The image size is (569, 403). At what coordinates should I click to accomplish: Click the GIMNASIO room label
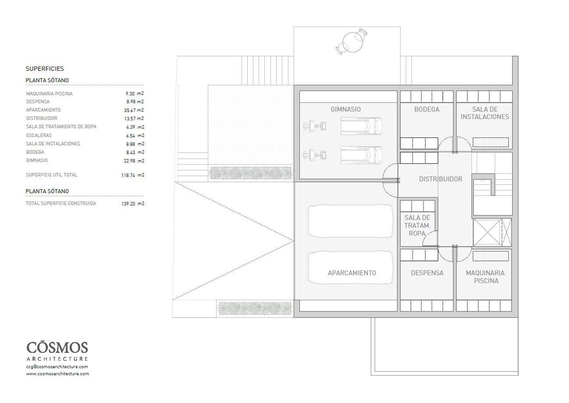[x=346, y=109]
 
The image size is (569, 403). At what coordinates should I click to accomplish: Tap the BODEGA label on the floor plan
[x=427, y=109]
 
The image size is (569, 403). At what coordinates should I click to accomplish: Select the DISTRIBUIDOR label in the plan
[x=440, y=179]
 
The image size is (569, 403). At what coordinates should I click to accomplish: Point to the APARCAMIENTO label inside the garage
[x=352, y=273]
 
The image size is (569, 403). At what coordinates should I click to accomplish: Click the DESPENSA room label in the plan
[x=427, y=273]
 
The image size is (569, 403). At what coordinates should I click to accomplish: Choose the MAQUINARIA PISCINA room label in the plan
[x=485, y=277]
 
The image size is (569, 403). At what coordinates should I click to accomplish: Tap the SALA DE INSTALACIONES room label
[x=485, y=113]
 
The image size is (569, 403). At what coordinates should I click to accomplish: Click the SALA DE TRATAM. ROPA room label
[x=417, y=225]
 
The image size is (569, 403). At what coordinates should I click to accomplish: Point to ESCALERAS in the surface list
[x=39, y=135]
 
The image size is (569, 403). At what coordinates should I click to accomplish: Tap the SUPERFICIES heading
[x=45, y=69]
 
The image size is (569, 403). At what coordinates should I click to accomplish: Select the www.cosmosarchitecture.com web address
[x=57, y=374]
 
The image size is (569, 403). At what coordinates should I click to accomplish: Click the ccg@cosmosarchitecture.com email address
[x=57, y=367]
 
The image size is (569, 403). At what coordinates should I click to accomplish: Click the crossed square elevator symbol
[x=487, y=232]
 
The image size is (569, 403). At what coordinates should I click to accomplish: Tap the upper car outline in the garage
[x=350, y=221]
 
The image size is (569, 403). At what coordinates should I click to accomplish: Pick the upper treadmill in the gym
[x=361, y=126]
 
